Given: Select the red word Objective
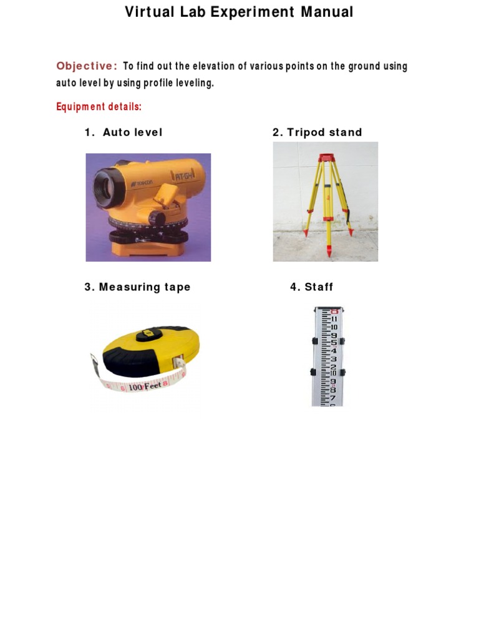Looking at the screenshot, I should [x=86, y=66].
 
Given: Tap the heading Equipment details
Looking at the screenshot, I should [x=99, y=107].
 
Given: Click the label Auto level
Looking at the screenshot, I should [x=132, y=132].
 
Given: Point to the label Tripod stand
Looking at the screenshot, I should [x=324, y=132].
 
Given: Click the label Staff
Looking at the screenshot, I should [x=319, y=287].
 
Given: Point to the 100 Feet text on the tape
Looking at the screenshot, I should [x=144, y=386].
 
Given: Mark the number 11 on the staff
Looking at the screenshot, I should [x=334, y=319].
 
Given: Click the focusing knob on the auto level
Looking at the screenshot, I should [x=160, y=218].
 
